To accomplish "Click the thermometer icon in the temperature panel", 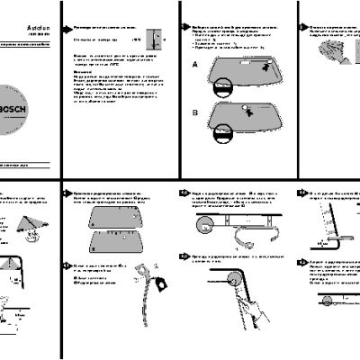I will pyautogui.click(x=156, y=40).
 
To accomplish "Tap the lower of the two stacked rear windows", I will pyautogui.click(x=118, y=241).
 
